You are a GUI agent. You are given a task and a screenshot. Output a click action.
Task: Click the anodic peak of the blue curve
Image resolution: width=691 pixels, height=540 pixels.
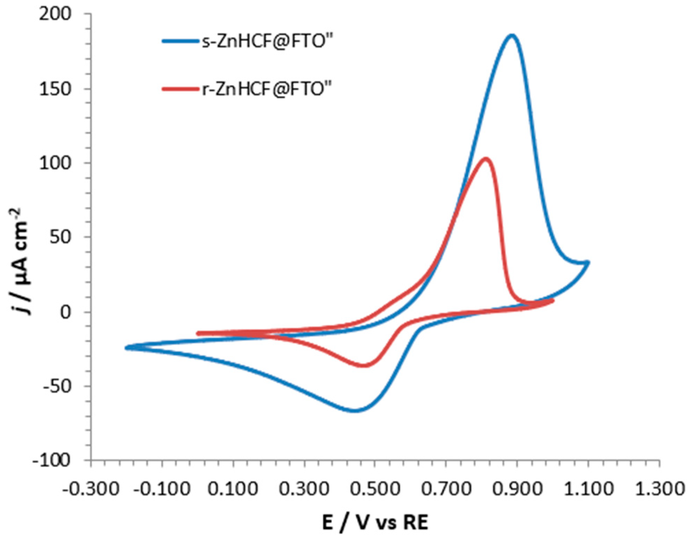click(x=511, y=35)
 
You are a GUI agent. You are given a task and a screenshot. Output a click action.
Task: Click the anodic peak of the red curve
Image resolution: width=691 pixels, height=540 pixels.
click(x=485, y=159)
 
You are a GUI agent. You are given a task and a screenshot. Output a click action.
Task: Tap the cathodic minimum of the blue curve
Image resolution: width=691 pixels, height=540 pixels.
click(x=355, y=410)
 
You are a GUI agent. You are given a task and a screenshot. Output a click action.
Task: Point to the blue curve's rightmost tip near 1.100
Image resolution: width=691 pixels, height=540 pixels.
click(x=588, y=262)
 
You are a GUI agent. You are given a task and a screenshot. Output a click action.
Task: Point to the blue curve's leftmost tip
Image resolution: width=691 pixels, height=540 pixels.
click(x=127, y=347)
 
